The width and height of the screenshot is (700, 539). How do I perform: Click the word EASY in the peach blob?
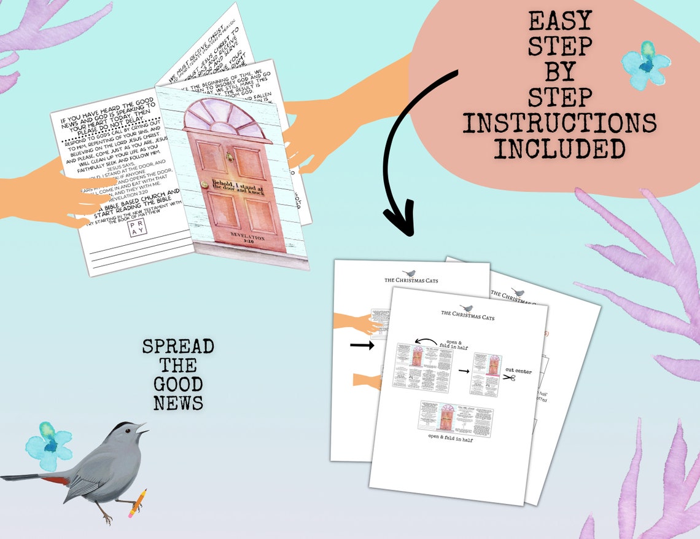(x=559, y=22)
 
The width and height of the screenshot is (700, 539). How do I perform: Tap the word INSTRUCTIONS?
(x=559, y=123)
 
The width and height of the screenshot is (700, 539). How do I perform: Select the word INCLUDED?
(x=559, y=149)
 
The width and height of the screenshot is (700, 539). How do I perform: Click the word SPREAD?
(x=178, y=347)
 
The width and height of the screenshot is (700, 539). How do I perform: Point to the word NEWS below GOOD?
(x=178, y=403)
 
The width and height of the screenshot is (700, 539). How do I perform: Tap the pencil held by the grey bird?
(x=136, y=501)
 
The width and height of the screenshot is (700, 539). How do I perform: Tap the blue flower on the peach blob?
(x=644, y=64)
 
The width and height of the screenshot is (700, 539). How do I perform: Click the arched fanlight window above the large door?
(x=227, y=121)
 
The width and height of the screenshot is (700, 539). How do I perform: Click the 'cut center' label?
(x=519, y=370)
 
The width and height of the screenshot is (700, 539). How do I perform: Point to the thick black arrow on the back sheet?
(x=362, y=346)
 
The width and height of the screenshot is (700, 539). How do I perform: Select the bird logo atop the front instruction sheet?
(x=469, y=307)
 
